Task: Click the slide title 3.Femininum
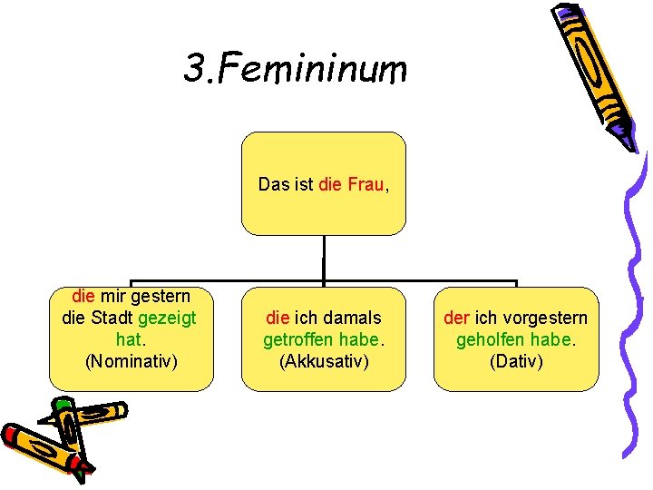(x=296, y=68)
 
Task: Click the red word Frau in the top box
(x=365, y=184)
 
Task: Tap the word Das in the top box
(x=272, y=184)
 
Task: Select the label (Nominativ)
(x=131, y=361)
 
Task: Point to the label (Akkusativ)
(x=323, y=361)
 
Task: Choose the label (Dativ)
(x=515, y=361)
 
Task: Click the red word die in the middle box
(x=277, y=318)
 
